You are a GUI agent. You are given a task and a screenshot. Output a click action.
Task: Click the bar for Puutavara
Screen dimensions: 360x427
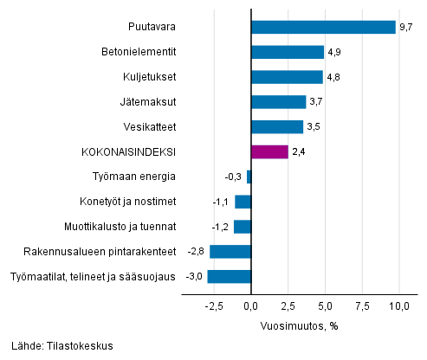(x=323, y=27)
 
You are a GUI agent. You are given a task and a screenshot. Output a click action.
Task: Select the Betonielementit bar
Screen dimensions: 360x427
(x=287, y=52)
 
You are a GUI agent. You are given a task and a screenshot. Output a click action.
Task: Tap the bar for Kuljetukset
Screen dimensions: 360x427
(x=286, y=77)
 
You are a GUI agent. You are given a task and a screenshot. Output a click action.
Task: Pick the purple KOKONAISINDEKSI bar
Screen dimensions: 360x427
(x=268, y=152)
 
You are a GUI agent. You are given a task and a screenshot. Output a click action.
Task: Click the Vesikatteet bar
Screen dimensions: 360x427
(x=276, y=127)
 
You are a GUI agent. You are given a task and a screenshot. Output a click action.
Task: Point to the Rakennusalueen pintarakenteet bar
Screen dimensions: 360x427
(x=230, y=252)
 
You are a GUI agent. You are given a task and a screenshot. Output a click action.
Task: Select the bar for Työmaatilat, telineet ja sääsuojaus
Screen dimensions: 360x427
(x=229, y=277)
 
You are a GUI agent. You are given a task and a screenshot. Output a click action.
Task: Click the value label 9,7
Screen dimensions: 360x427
(x=406, y=28)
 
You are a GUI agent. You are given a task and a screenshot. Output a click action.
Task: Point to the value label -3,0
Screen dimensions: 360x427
(x=196, y=277)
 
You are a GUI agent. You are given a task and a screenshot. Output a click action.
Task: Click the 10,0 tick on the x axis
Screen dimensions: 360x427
(x=399, y=305)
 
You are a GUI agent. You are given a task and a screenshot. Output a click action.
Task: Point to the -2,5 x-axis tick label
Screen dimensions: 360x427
(x=213, y=305)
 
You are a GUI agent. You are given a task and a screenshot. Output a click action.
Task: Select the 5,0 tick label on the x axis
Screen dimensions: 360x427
(x=325, y=305)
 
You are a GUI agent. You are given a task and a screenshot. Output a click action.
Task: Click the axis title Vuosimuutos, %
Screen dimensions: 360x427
(x=299, y=325)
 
